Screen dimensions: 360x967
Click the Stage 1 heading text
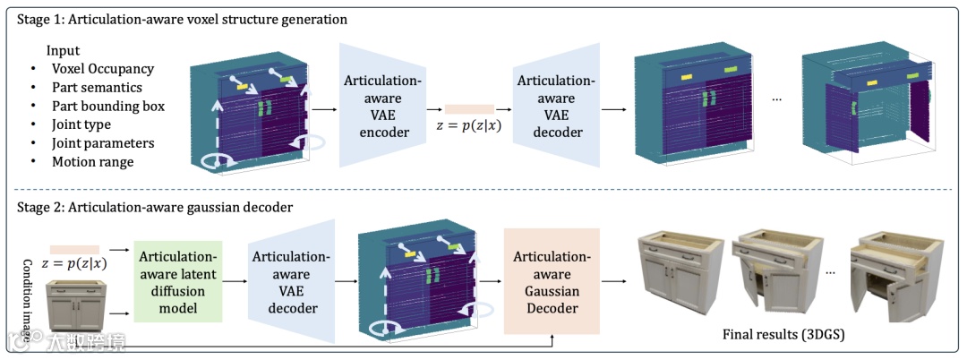pyautogui.click(x=179, y=18)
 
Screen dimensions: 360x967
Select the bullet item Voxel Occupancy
pyautogui.click(x=103, y=69)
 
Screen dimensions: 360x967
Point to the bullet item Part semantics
pyautogui.click(x=98, y=88)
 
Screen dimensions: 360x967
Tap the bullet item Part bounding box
pyautogui.click(x=108, y=106)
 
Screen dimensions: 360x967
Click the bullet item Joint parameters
pyautogui.click(x=103, y=142)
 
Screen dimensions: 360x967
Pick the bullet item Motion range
pyautogui.click(x=92, y=161)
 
